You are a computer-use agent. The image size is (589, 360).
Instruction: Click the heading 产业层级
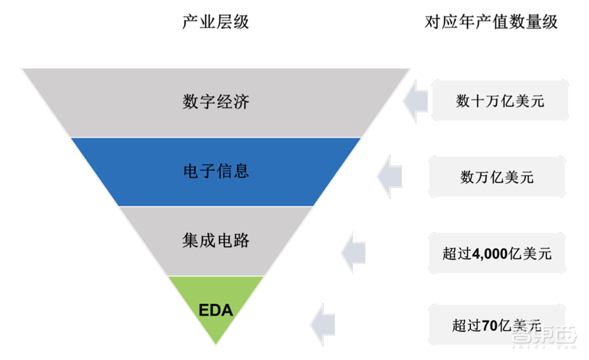(215, 22)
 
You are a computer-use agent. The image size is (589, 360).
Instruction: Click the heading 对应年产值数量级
(491, 22)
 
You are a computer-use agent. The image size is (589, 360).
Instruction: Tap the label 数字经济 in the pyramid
(216, 102)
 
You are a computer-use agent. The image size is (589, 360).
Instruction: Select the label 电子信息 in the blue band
(216, 171)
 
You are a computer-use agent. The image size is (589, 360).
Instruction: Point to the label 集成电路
(216, 240)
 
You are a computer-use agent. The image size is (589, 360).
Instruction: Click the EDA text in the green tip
(216, 309)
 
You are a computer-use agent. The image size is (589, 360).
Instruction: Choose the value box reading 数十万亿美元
(499, 101)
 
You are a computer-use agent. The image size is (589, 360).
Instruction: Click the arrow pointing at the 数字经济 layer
(416, 101)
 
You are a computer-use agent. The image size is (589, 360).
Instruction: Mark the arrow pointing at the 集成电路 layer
(353, 253)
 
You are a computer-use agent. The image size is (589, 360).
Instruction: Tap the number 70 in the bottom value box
(490, 324)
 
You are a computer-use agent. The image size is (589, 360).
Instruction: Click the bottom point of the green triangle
(216, 344)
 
